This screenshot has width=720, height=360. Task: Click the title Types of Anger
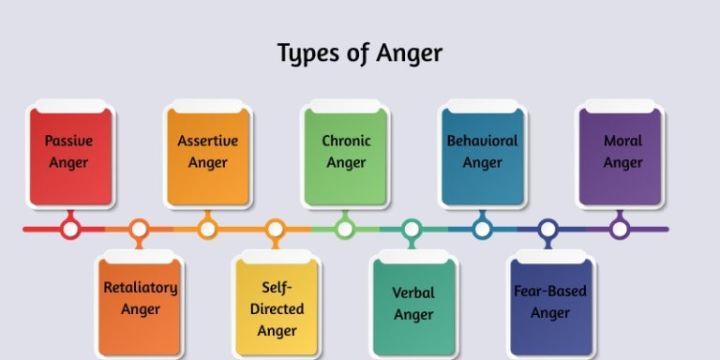(359, 52)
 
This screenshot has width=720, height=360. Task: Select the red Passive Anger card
(70, 155)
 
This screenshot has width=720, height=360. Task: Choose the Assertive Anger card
(208, 155)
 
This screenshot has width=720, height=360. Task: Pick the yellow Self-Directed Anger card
(277, 307)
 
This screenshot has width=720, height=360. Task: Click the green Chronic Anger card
(346, 155)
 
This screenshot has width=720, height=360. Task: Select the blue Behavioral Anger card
(483, 155)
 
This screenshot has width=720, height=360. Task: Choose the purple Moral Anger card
(622, 155)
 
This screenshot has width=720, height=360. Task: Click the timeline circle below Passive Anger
(70, 228)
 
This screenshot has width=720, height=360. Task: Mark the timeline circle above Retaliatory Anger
(140, 228)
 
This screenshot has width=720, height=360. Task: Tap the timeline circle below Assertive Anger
(208, 228)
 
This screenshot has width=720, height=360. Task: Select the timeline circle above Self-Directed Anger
(276, 228)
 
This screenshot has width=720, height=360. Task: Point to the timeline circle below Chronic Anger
(345, 228)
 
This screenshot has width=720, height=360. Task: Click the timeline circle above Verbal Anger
(412, 228)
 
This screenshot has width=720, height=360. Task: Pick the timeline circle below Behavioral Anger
(482, 228)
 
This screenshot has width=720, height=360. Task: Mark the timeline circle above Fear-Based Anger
(549, 228)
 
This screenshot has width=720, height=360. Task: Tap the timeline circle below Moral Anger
(619, 228)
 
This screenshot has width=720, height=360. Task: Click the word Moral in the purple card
(622, 142)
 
